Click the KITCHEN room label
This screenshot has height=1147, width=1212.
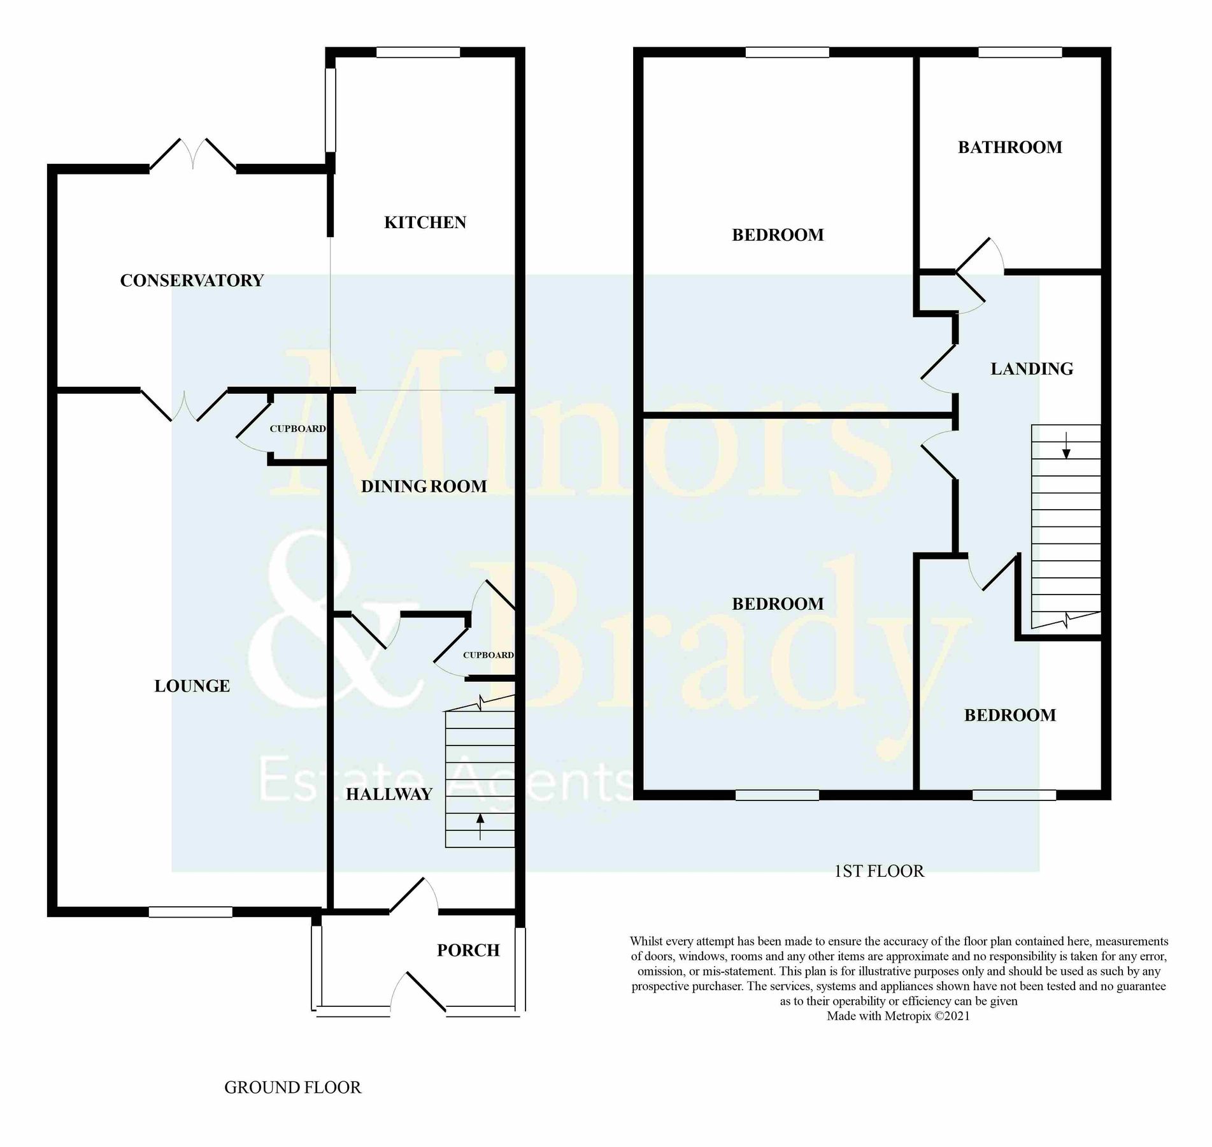pos(425,222)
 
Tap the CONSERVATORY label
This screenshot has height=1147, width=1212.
pos(192,280)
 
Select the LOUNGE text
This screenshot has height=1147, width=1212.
pos(192,686)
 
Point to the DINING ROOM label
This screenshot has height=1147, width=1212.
pos(424,487)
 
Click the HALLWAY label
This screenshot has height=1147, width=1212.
pos(389,794)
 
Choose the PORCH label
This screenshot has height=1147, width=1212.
pos(468,950)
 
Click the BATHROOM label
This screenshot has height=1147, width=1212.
pos(1009,147)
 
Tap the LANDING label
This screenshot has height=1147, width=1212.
pos(1032,369)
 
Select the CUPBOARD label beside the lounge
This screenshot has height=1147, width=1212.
pos(297,429)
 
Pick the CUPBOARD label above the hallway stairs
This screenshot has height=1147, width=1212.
pos(488,655)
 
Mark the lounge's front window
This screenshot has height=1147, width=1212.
pos(190,912)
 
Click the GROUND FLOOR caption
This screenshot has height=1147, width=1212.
pos(292,1088)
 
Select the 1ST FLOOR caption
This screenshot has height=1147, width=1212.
pos(878,871)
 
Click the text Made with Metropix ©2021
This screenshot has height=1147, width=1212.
pos(898,1016)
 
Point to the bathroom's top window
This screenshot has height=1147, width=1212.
pos(1020,53)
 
